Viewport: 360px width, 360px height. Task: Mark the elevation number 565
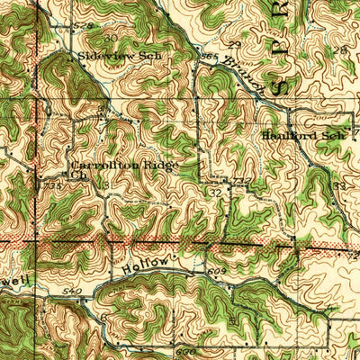(210, 58)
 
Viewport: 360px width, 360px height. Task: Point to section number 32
(216, 192)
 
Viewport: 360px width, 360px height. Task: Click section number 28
(340, 50)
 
